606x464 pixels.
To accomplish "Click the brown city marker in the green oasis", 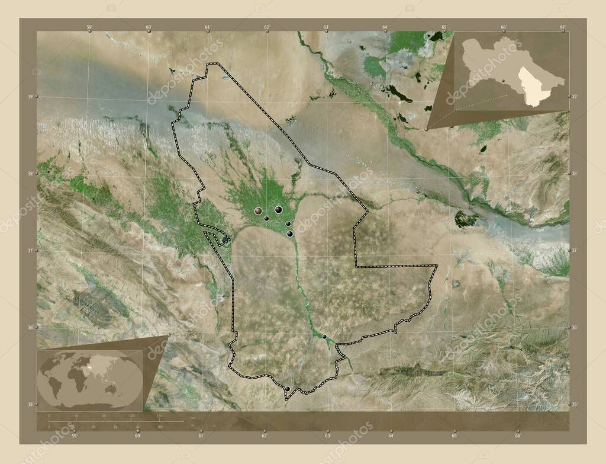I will pyautogui.click(x=258, y=210).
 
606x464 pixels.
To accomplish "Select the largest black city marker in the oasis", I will pyautogui.click(x=278, y=209).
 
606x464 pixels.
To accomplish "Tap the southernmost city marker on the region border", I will pyautogui.click(x=288, y=389).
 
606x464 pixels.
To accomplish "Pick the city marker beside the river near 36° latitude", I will pyautogui.click(x=324, y=337).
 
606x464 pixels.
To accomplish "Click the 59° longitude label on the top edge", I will pyautogui.click(x=89, y=27).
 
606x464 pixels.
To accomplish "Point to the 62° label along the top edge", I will pyautogui.click(x=267, y=27).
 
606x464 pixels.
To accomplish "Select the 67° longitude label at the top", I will pyautogui.click(x=563, y=27).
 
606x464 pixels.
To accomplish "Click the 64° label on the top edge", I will pyautogui.click(x=385, y=27).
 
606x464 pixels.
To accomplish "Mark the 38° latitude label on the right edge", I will pyautogui.click(x=574, y=174).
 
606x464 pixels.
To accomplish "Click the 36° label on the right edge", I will pyautogui.click(x=574, y=327).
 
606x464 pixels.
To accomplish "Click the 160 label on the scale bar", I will pyautogui.click(x=159, y=417).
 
